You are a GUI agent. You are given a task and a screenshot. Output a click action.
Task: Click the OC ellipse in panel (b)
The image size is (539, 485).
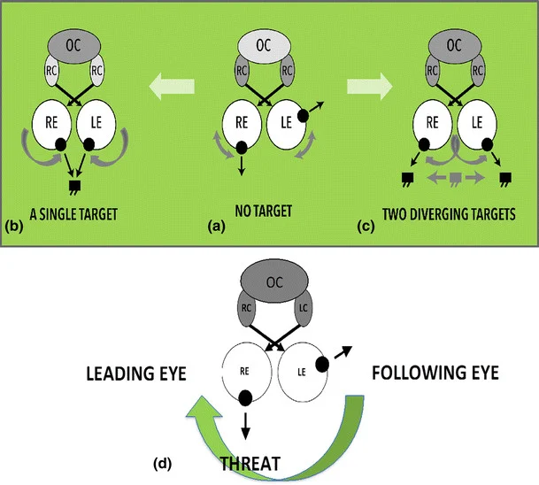click(x=74, y=46)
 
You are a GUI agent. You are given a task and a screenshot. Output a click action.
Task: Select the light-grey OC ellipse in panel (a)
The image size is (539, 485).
click(x=264, y=46)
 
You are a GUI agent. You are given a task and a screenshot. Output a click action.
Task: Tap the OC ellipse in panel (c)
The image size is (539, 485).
click(x=454, y=46)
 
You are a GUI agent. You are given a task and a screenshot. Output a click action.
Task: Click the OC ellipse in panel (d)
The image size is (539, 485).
click(x=274, y=282)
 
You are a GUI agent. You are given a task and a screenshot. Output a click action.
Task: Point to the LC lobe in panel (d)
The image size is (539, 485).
click(x=303, y=309)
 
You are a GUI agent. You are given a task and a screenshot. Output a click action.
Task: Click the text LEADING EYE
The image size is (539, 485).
click(x=136, y=373)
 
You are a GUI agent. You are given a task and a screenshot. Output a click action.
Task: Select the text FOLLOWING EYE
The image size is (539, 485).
click(x=435, y=373)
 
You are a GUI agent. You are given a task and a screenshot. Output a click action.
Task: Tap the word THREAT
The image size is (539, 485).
click(x=250, y=464)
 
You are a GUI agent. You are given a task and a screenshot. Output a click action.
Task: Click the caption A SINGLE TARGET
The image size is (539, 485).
click(x=73, y=214)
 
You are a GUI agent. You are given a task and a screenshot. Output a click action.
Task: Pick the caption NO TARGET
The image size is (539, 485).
click(x=264, y=211)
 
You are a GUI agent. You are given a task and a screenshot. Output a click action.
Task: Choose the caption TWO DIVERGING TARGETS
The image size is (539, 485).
click(x=449, y=214)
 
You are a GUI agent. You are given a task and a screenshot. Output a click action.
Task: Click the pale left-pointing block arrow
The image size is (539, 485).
click(x=172, y=86)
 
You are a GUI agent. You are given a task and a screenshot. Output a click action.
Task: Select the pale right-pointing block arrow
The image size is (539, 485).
click(x=370, y=86)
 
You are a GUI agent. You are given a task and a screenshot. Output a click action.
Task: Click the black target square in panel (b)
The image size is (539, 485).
click(x=74, y=187)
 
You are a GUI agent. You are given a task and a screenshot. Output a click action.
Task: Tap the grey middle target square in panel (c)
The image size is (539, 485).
click(x=456, y=178)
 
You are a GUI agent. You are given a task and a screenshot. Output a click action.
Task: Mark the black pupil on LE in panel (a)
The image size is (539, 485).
click(x=303, y=115)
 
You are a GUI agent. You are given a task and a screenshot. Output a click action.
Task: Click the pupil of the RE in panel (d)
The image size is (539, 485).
click(x=245, y=397)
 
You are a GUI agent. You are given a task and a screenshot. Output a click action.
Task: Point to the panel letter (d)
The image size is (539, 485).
click(x=162, y=465)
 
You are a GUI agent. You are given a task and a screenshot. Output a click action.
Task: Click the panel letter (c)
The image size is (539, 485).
click(x=366, y=227)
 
